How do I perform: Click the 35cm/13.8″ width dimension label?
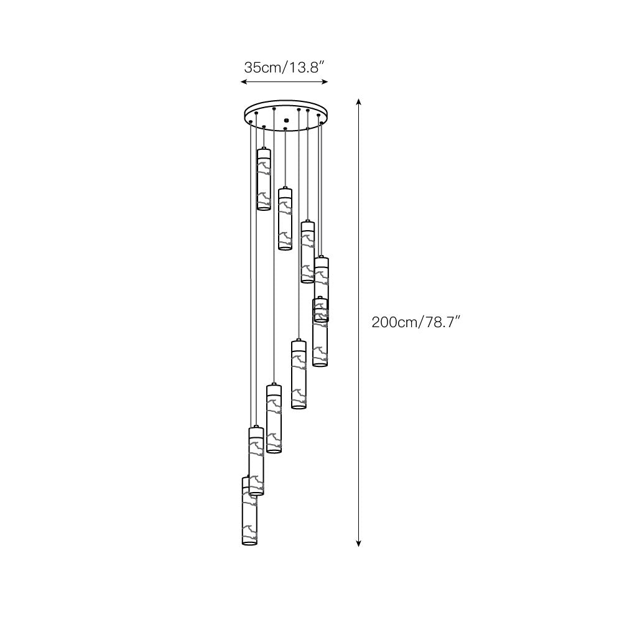pos(284,68)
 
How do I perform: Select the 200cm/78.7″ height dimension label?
pos(415,322)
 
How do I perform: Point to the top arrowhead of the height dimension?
pos(359,101)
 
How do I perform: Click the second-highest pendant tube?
pos(285,219)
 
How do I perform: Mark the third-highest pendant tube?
pos(307,252)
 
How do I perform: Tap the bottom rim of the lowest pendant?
pos(249,543)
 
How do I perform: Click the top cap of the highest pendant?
pos(264,151)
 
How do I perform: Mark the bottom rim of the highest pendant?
pos(264,208)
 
